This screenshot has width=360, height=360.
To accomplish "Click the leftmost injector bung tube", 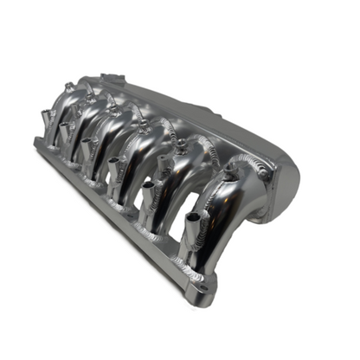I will coord(43,120).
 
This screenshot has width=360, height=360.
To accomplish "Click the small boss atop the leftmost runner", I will coord(69,87).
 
